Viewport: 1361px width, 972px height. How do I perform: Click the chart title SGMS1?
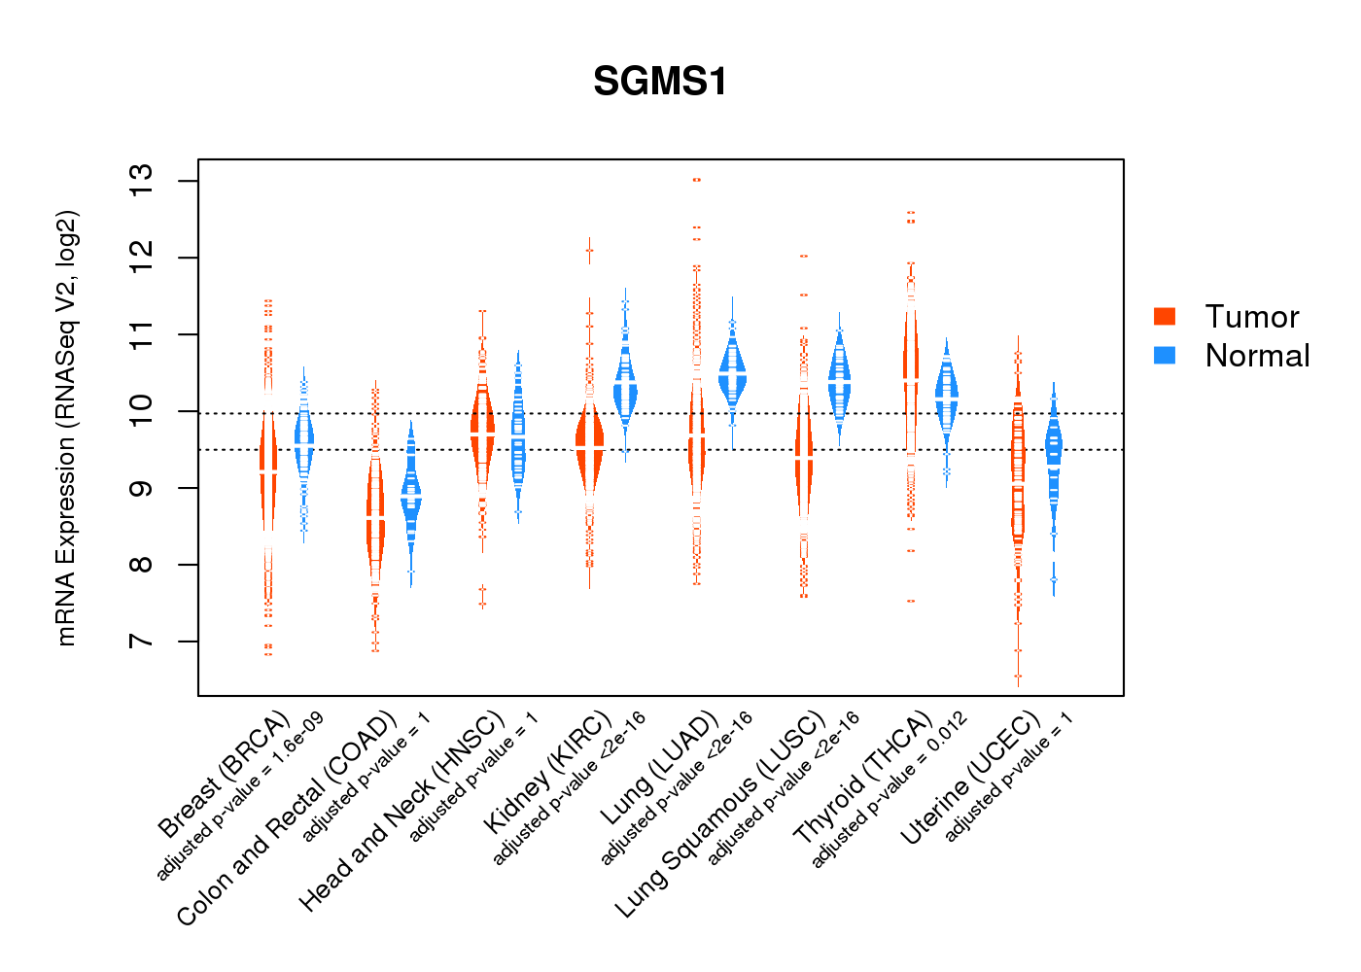(x=660, y=82)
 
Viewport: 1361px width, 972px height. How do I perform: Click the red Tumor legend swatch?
(x=1165, y=317)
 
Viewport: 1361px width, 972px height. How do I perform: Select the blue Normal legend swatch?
(x=1165, y=356)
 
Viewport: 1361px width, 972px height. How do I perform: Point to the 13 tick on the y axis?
(x=142, y=181)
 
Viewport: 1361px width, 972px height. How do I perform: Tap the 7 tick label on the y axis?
(x=142, y=642)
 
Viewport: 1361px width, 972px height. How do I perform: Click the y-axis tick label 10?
(x=142, y=411)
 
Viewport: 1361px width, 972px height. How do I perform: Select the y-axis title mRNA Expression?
(x=66, y=428)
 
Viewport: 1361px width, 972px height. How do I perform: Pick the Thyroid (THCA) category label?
(x=862, y=778)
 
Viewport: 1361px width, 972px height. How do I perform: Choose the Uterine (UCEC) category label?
(x=969, y=779)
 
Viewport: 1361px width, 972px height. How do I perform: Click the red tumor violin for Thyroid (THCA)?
(x=911, y=379)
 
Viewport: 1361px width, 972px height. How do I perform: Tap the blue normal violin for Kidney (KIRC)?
(x=625, y=389)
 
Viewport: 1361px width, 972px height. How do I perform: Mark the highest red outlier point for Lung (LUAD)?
(x=697, y=180)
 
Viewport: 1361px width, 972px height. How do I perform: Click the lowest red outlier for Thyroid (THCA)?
(x=911, y=601)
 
